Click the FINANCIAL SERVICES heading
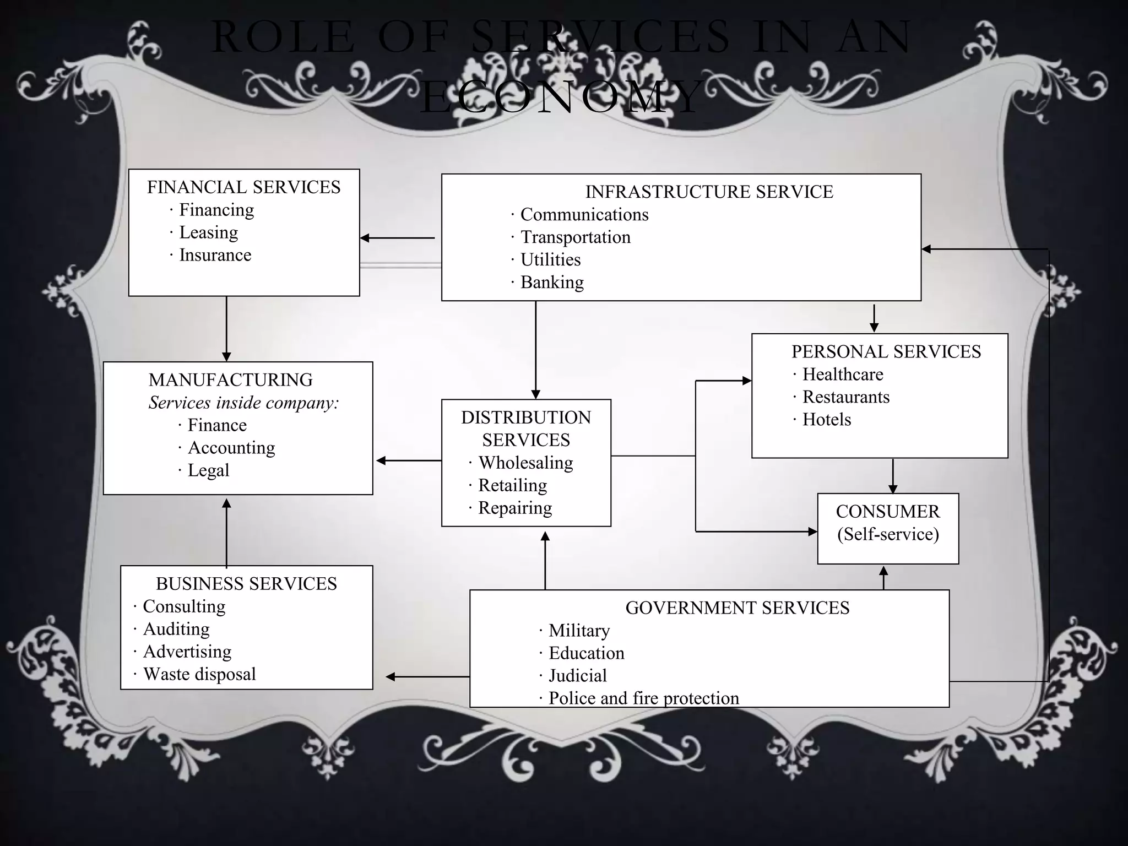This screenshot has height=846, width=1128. click(243, 187)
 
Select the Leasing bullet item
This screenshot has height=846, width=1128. click(208, 232)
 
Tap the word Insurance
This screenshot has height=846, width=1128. click(215, 255)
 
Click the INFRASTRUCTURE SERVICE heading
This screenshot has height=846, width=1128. click(709, 192)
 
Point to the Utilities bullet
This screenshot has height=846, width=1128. click(550, 259)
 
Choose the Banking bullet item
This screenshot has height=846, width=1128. click(552, 282)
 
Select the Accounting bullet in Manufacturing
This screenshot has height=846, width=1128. click(231, 448)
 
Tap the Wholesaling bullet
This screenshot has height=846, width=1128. click(525, 463)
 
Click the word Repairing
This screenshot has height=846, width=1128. click(515, 508)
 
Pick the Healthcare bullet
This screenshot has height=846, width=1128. click(843, 375)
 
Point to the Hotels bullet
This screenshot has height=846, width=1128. click(826, 420)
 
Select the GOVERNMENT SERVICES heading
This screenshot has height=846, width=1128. click(737, 608)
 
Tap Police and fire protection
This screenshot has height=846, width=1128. click(643, 698)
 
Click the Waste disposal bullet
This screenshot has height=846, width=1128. click(199, 674)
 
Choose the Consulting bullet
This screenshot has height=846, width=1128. click(184, 606)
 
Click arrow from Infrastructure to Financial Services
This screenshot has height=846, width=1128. click(398, 238)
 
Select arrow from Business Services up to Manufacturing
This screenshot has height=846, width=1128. click(226, 532)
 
